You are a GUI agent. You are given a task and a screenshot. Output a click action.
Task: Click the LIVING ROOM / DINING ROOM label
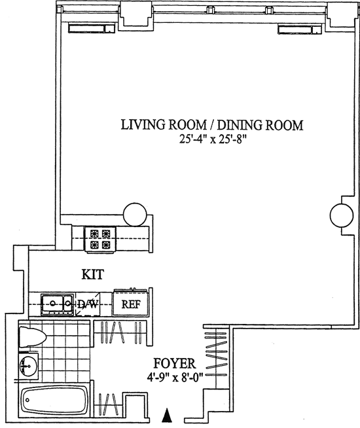click(212, 125)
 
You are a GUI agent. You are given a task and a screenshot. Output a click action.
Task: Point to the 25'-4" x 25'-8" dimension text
click(213, 139)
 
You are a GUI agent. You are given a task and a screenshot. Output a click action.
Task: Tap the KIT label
click(93, 274)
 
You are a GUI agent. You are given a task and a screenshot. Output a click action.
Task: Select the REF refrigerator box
click(131, 304)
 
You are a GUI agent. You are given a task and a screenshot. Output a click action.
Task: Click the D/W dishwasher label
click(87, 304)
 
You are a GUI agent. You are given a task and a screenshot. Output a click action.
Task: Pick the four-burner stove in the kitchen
click(100, 240)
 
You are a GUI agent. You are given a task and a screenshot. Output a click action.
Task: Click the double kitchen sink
click(58, 304)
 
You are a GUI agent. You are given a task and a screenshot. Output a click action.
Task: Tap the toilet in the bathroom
click(32, 337)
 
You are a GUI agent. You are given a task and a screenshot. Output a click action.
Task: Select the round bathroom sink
click(29, 366)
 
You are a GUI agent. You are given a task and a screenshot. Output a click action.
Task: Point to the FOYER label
click(174, 363)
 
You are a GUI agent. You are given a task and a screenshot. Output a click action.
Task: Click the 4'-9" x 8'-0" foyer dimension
click(175, 378)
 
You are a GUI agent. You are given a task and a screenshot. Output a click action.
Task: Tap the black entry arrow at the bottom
click(166, 416)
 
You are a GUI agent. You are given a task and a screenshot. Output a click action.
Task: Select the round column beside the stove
click(135, 215)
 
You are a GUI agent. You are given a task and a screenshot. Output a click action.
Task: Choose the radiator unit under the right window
click(300, 29)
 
